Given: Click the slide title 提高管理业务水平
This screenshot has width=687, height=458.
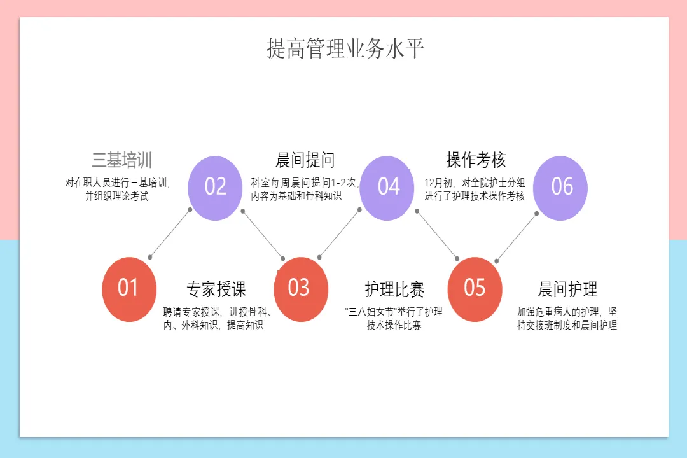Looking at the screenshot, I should [345, 49].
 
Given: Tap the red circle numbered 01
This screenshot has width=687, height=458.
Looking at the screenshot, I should [128, 289].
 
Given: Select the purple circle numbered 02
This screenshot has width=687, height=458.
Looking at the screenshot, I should [215, 188].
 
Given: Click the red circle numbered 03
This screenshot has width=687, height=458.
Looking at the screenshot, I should [300, 289].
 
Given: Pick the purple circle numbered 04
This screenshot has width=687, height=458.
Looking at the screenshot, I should [387, 188].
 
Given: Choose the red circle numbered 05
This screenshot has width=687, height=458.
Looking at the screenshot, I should [475, 289].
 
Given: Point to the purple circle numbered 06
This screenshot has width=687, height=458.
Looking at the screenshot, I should [560, 188].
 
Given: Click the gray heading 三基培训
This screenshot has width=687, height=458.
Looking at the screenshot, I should [121, 160].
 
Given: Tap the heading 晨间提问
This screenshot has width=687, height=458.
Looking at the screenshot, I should [305, 160].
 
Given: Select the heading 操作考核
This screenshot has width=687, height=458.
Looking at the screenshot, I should [476, 160].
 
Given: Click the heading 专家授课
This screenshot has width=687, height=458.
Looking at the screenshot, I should [216, 289].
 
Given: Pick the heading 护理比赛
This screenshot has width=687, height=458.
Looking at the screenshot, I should [394, 289].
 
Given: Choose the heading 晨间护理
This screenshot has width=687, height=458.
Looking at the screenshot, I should [567, 289].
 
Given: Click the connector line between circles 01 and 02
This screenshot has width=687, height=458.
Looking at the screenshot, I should [170, 233].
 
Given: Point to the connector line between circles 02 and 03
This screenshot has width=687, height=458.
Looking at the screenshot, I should [263, 234].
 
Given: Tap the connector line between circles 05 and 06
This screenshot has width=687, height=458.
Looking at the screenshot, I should [517, 237].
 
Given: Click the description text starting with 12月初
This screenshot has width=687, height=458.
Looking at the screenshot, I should [475, 190].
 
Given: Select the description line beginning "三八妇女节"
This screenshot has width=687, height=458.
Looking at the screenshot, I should [394, 312].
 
